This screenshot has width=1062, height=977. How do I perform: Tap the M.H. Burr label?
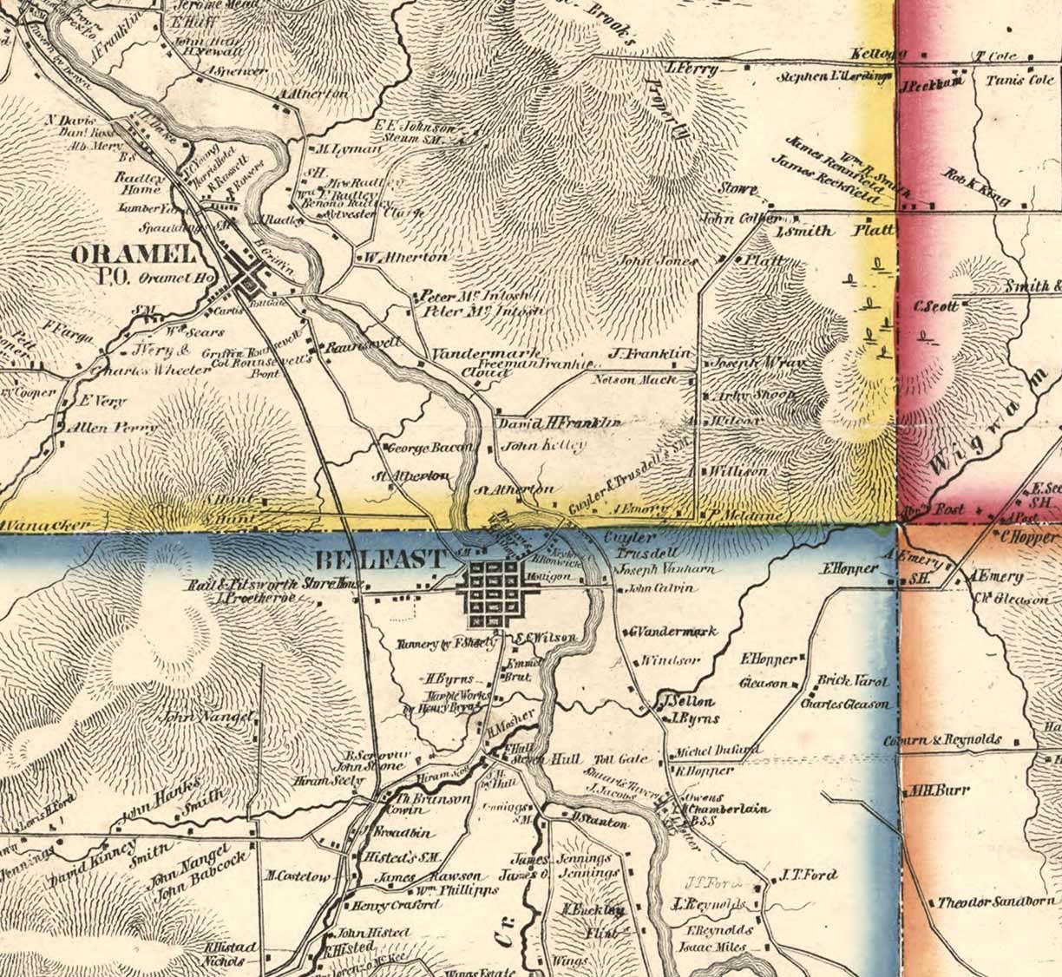(x=934, y=791)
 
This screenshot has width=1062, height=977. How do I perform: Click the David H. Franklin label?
(x=560, y=423)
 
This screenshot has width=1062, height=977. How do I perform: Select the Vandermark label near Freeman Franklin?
(x=486, y=354)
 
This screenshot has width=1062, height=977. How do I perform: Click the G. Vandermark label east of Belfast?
(x=673, y=631)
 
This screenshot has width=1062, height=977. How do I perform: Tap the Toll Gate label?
(x=621, y=758)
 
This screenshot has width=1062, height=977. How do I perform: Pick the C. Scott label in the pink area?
(x=936, y=306)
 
